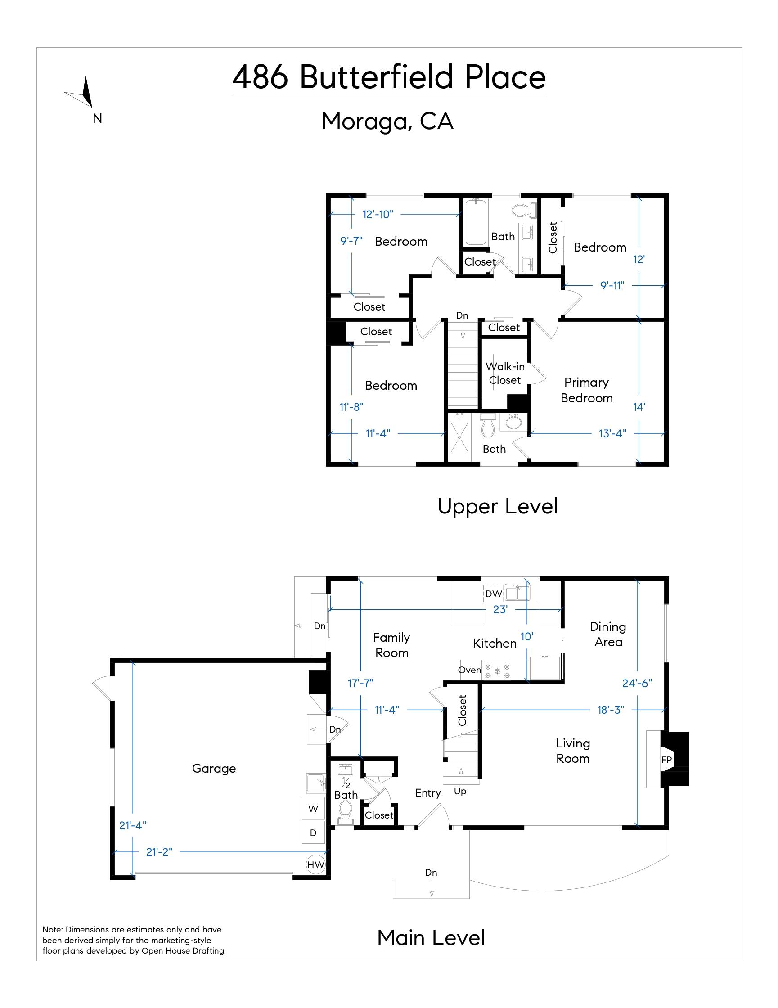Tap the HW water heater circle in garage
tap(315, 864)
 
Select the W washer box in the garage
tap(313, 809)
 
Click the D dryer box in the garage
tap(313, 832)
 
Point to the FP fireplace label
tap(666, 760)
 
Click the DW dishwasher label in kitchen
tap(493, 594)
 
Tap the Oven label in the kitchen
tap(470, 670)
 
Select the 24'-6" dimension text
tap(637, 683)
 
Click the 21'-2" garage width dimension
tap(159, 852)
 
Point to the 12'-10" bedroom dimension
tap(378, 214)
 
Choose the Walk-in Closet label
tap(505, 373)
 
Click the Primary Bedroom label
tap(586, 391)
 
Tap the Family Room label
tap(392, 645)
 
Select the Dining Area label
tap(608, 634)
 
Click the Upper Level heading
tap(497, 506)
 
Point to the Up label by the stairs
tap(460, 791)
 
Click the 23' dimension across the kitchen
tap(500, 610)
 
